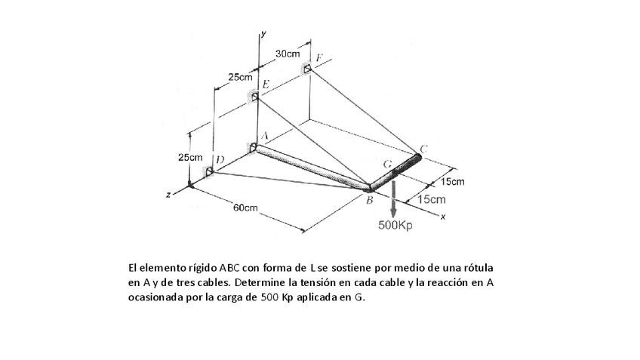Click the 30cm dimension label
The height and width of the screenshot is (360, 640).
point(287,54)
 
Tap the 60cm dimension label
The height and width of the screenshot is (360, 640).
point(245,208)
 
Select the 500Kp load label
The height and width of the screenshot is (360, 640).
point(395,225)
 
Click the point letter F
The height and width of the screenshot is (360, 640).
point(319,58)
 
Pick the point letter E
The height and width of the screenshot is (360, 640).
point(266,84)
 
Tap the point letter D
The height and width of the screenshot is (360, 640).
point(218,160)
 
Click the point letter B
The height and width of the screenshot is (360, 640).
point(369,200)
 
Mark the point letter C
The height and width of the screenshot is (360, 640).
point(423,149)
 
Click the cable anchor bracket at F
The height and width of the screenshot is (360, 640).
point(306,69)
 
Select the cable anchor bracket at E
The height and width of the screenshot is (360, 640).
point(255,96)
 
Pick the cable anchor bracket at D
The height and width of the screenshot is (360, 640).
point(208,171)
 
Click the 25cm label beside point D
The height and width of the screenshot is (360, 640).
point(190,158)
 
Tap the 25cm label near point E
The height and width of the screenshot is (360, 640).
point(240,78)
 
